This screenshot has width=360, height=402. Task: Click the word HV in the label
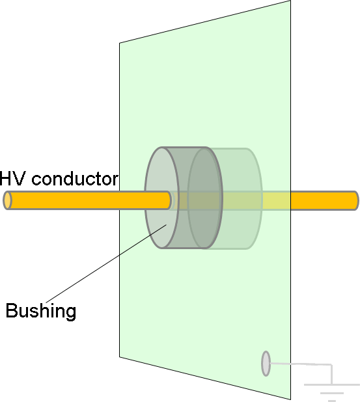pyautogui.click(x=12, y=178)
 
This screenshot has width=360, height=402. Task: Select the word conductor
pyautogui.click(x=75, y=178)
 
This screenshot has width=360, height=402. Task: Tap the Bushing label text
pyautogui.click(x=41, y=311)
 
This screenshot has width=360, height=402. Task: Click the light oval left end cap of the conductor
pyautogui.click(x=7, y=200)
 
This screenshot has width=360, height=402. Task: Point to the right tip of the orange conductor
pyautogui.click(x=359, y=200)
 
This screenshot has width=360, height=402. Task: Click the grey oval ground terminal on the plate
pyautogui.click(x=266, y=364)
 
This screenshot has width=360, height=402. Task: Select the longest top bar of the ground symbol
pyautogui.click(x=332, y=384)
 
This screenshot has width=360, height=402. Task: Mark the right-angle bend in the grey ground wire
pyautogui.click(x=332, y=364)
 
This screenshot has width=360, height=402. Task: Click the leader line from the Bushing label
pyautogui.click(x=106, y=263)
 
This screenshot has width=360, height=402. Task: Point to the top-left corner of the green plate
pyautogui.click(x=120, y=43)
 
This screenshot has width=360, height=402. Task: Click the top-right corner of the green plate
pyautogui.click(x=290, y=1)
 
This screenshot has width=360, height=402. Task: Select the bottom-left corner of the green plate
pyautogui.click(x=120, y=357)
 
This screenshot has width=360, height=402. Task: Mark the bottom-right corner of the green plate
pyautogui.click(x=290, y=399)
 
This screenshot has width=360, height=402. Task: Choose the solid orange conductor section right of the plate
pyautogui.click(x=324, y=200)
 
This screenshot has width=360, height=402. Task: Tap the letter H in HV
pyautogui.click(x=5, y=178)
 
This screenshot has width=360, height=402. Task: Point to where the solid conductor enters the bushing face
pyautogui.click(x=169, y=200)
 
